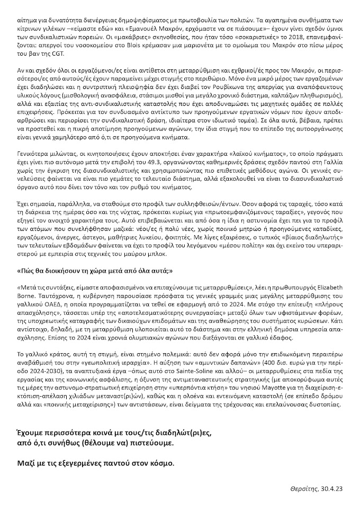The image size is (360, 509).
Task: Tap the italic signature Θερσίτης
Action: (x=303, y=488)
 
